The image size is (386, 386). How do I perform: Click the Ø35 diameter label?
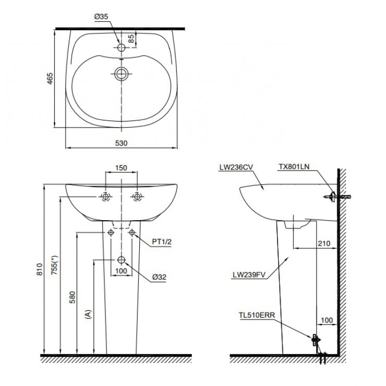click(x=101, y=17)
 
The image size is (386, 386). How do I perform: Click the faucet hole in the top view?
click(x=122, y=47)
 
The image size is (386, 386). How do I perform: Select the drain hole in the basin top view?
click(x=122, y=74)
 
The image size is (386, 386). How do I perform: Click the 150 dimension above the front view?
click(x=121, y=168)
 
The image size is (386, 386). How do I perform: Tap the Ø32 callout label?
click(x=159, y=278)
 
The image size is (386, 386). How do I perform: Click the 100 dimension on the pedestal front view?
click(x=121, y=270)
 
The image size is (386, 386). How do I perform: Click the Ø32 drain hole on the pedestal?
click(x=122, y=260)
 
